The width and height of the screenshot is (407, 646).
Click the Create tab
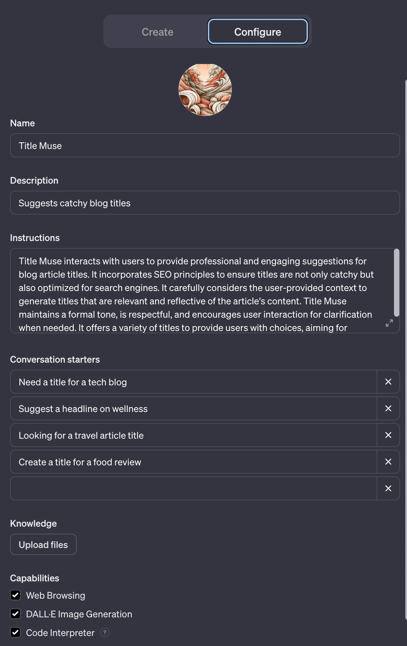pyautogui.click(x=157, y=32)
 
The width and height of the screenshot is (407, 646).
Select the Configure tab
pyautogui.click(x=257, y=32)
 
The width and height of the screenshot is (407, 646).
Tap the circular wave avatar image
pyautogui.click(x=205, y=89)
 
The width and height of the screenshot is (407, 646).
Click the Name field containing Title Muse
pyautogui.click(x=205, y=146)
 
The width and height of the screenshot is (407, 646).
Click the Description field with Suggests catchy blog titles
pyautogui.click(x=205, y=203)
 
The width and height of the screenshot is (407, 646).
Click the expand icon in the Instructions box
pyautogui.click(x=389, y=323)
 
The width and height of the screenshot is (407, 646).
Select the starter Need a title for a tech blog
pyautogui.click(x=193, y=382)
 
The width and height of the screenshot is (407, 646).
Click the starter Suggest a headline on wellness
pyautogui.click(x=193, y=409)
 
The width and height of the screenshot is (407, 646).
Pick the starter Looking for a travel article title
pyautogui.click(x=193, y=436)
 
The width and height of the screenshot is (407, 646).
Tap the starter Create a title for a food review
pyautogui.click(x=193, y=462)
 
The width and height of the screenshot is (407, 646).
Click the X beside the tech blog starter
pyautogui.click(x=388, y=382)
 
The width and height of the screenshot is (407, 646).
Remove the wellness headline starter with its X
pyautogui.click(x=388, y=409)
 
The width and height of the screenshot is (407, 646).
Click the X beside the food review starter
pyautogui.click(x=388, y=462)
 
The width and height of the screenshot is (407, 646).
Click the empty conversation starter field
pyautogui.click(x=193, y=488)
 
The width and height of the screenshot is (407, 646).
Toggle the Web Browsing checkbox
pyautogui.click(x=16, y=595)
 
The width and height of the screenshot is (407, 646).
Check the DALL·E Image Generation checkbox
pyautogui.click(x=16, y=614)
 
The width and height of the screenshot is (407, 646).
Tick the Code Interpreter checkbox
pyautogui.click(x=16, y=633)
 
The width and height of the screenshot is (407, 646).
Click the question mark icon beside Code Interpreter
pyautogui.click(x=105, y=633)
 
